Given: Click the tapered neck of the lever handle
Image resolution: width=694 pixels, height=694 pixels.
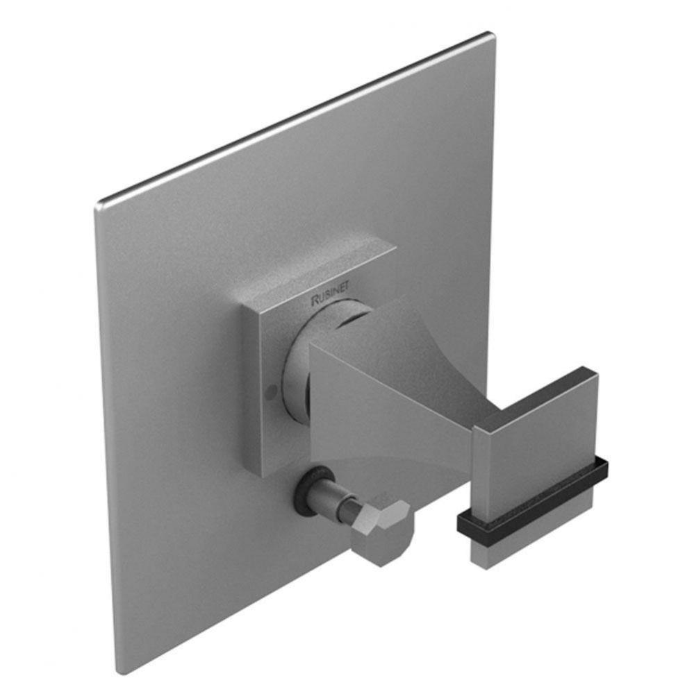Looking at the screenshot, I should click(x=389, y=403).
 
